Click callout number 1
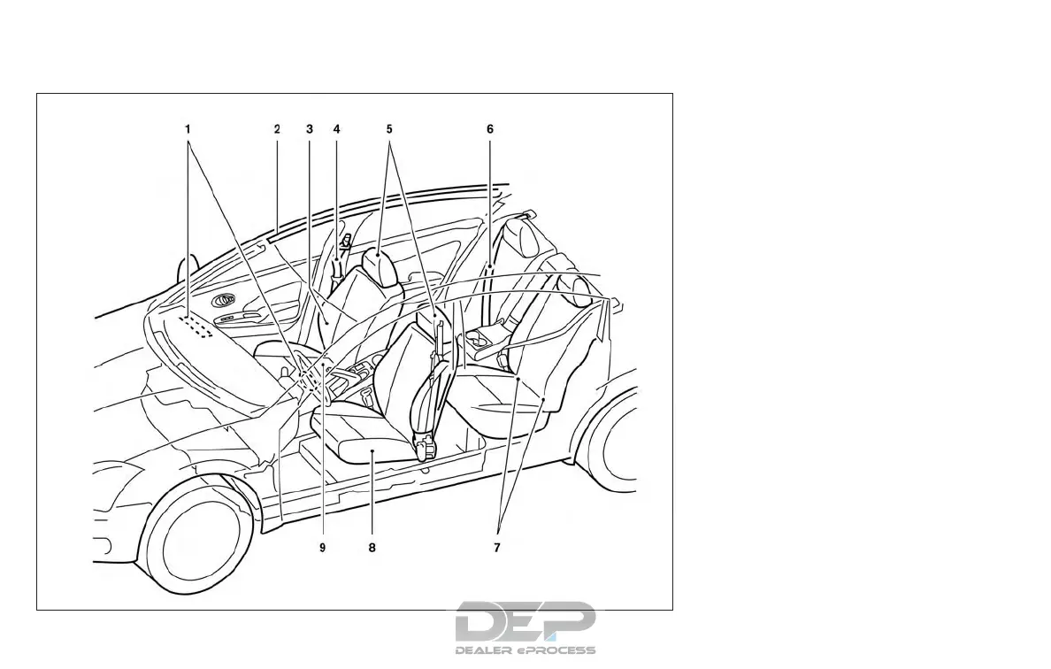tap(188, 129)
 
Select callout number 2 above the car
tap(277, 129)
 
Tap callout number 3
tap(310, 129)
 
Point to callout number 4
tap(336, 129)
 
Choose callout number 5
tap(389, 129)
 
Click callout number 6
tap(489, 129)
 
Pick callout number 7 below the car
tap(497, 548)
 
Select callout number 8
tap(372, 548)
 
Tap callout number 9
tap(323, 548)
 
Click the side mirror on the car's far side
tap(187, 267)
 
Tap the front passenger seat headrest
tap(378, 265)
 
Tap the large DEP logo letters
tap(525, 621)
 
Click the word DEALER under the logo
tap(485, 650)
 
